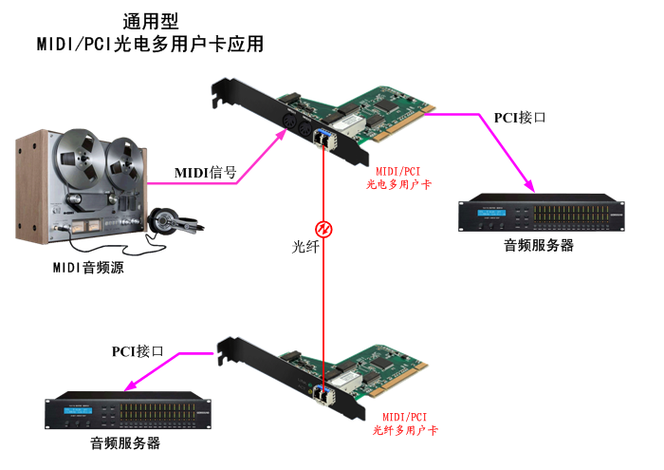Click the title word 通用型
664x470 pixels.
(x=150, y=21)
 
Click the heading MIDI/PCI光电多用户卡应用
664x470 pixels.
(x=150, y=44)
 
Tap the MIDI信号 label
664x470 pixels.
(x=206, y=173)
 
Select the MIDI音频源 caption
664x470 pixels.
(x=88, y=268)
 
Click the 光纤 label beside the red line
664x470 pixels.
(x=304, y=247)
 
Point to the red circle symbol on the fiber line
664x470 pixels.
(x=323, y=229)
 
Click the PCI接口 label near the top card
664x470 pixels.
(x=520, y=118)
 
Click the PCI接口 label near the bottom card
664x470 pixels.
(x=138, y=351)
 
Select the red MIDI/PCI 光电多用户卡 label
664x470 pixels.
(x=398, y=178)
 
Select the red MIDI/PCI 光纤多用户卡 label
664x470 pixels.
(x=405, y=423)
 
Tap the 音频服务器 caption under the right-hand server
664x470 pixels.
(x=539, y=245)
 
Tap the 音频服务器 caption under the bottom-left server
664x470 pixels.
(x=125, y=443)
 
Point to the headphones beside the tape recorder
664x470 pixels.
(x=175, y=221)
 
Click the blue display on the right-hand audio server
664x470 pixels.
(x=491, y=213)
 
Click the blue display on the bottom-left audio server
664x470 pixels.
(x=78, y=411)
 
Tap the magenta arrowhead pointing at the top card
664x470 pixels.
(x=281, y=136)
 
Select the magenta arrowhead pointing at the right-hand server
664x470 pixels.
(x=528, y=185)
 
